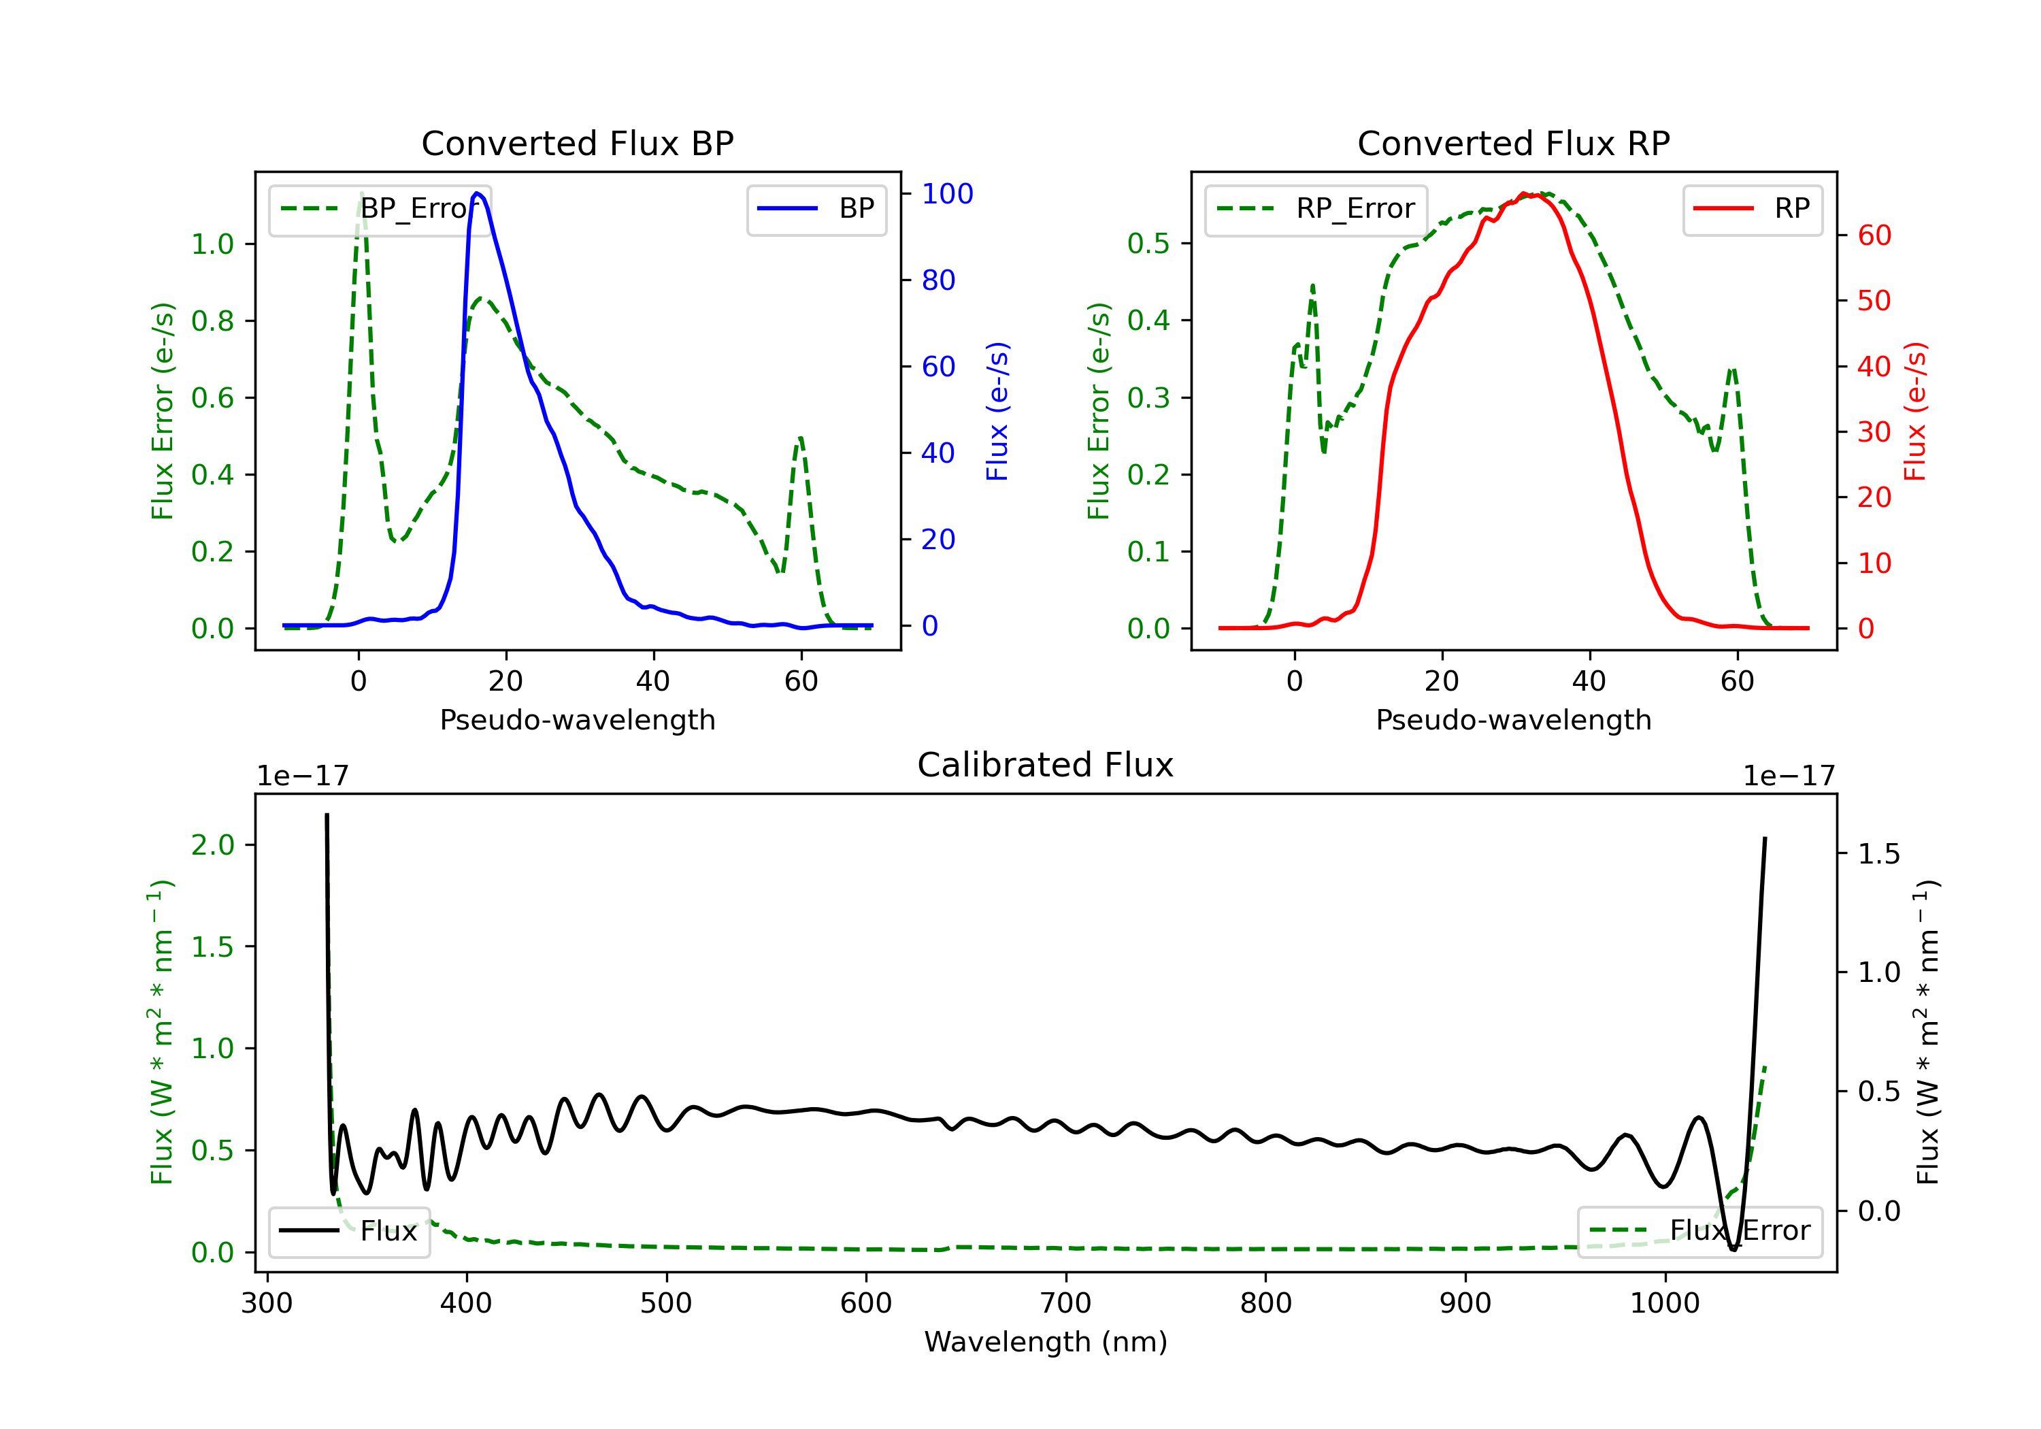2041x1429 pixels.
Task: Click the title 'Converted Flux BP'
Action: click(578, 143)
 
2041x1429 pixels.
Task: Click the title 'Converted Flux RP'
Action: click(1514, 143)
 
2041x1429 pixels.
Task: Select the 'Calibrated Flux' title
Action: click(1046, 765)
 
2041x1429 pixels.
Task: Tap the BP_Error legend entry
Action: click(380, 209)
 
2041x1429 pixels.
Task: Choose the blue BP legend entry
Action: click(816, 209)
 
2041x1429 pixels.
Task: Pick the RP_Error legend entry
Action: click(1316, 209)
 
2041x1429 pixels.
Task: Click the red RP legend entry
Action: click(1752, 209)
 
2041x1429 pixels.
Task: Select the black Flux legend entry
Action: click(348, 1232)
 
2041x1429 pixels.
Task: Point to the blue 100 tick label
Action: click(948, 194)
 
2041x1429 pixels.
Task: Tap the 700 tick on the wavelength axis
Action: click(1066, 1304)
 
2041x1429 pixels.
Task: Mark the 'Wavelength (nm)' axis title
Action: click(1046, 1342)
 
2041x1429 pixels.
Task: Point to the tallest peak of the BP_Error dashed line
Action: click(361, 193)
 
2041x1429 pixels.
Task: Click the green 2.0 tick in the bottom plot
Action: click(212, 844)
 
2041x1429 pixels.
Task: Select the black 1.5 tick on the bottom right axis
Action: click(1879, 855)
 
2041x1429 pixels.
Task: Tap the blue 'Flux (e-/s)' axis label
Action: click(997, 412)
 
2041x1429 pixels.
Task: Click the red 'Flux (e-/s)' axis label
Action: click(1914, 412)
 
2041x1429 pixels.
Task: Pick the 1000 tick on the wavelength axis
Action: click(1665, 1304)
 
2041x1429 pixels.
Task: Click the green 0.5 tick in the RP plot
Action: click(1148, 244)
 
